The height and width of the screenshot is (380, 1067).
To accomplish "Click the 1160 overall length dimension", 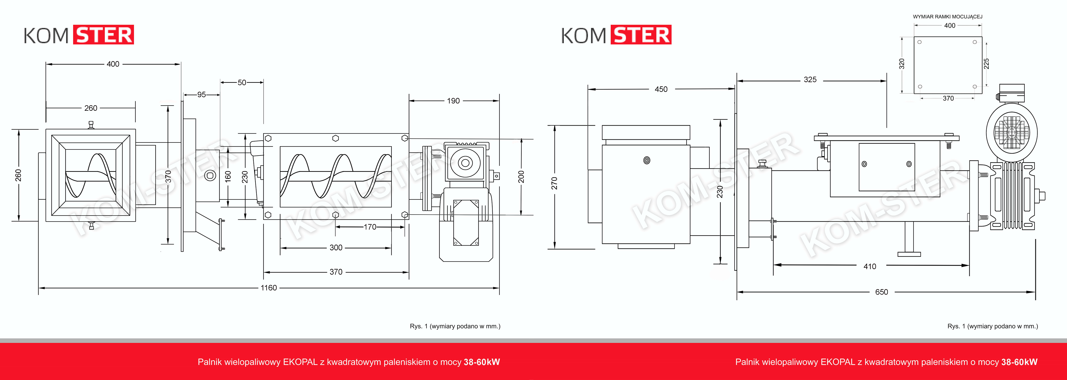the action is coord(268,288).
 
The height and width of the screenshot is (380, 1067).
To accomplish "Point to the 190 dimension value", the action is coord(453,101).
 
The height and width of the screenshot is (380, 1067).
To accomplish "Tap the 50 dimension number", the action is coord(242,82).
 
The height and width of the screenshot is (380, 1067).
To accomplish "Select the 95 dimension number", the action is coord(201,94).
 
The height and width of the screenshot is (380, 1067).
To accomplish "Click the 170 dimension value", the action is coord(370,227).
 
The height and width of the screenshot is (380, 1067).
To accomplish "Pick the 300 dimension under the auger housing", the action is coord(336,247).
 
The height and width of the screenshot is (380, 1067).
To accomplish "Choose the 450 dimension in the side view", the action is coord(661,89).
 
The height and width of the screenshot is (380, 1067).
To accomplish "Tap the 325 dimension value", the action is coord(810,80).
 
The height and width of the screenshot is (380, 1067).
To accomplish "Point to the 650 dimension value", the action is coord(881,292).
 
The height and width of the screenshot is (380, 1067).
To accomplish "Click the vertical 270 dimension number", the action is coord(554,183).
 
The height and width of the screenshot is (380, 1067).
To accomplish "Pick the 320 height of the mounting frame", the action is coord(902,64).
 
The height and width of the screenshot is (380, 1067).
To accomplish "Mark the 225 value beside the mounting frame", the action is coord(986,64).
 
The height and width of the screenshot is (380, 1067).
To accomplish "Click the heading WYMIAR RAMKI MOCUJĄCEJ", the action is coord(948,17).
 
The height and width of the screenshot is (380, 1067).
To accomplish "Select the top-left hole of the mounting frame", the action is coord(920,42).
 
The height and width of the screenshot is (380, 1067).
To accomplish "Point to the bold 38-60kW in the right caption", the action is coord(1019,362).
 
